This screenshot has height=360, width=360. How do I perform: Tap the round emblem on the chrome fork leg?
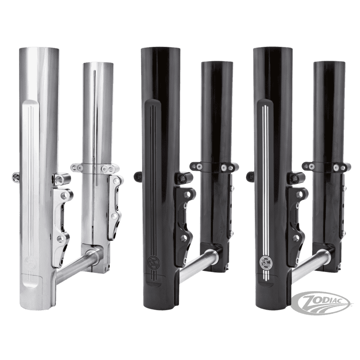click(x=29, y=262)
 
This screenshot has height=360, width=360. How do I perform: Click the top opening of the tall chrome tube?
click(x=39, y=49)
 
